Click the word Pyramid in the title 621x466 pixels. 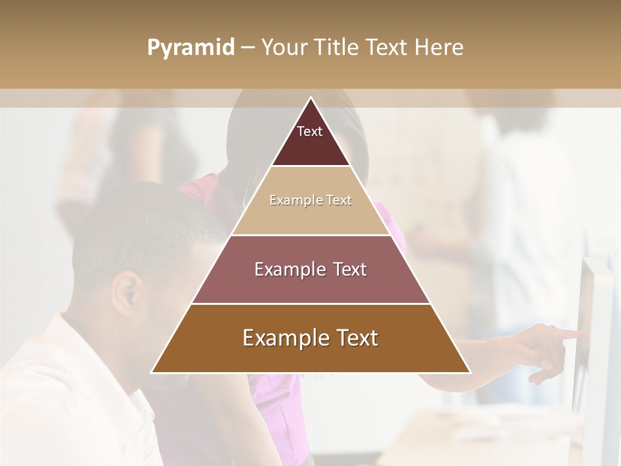pos(190,48)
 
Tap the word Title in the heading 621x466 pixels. pos(336,48)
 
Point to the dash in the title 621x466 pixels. pos(248,48)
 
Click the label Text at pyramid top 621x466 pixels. pos(310,131)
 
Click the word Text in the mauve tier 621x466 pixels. pos(347,269)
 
